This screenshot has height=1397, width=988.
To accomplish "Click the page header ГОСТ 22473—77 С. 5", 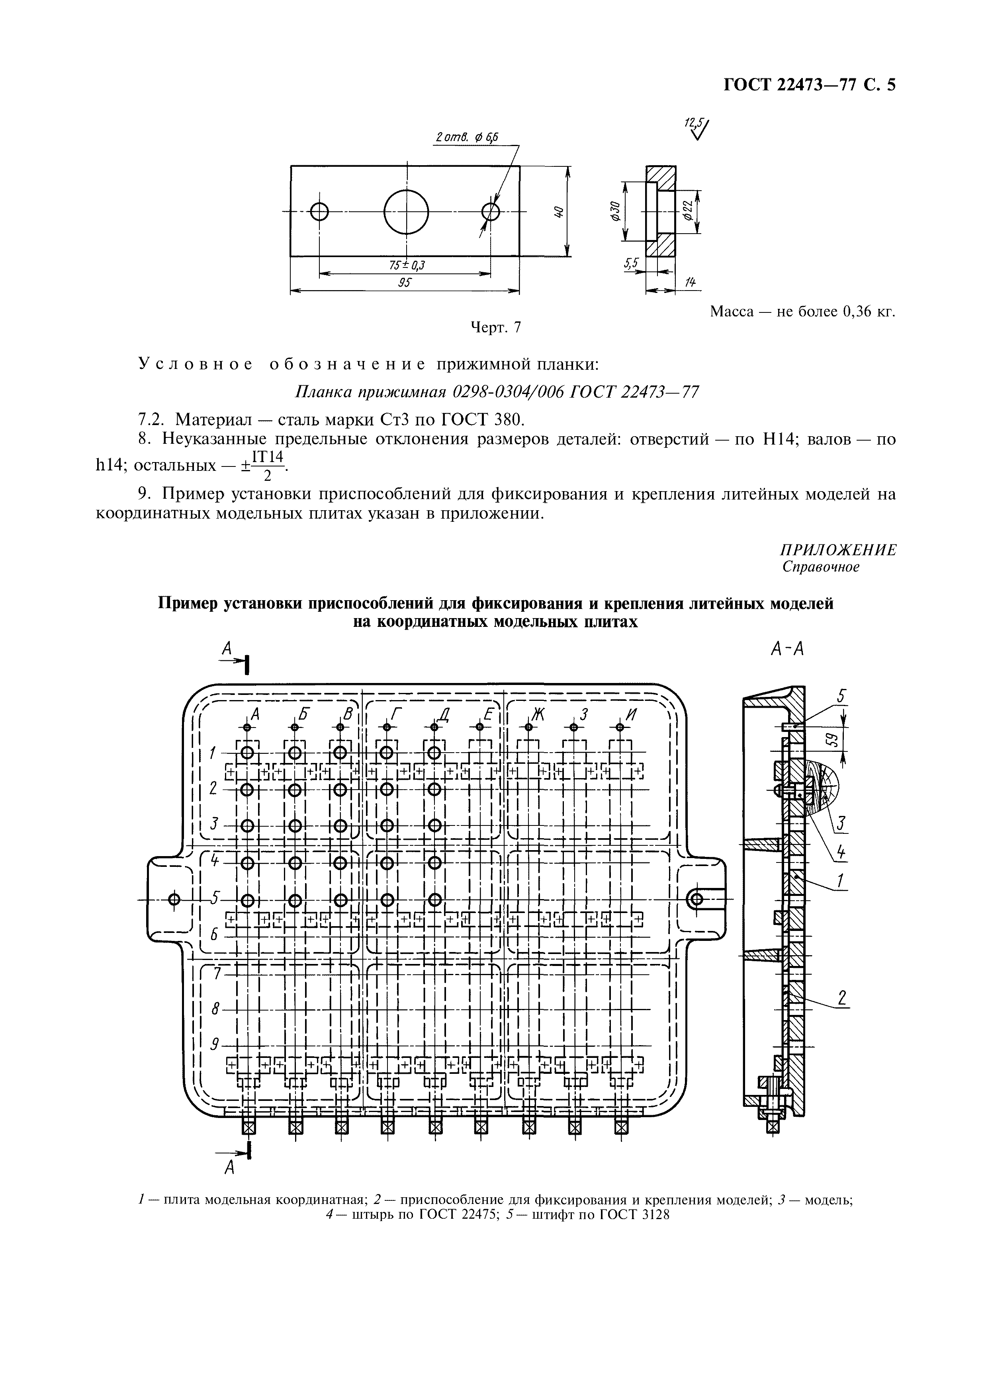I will tap(809, 84).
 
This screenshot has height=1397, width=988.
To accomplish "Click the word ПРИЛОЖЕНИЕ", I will tap(837, 550).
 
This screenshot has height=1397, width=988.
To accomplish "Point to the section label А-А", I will tap(787, 650).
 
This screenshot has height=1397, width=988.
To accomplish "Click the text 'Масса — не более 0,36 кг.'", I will tap(803, 312).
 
